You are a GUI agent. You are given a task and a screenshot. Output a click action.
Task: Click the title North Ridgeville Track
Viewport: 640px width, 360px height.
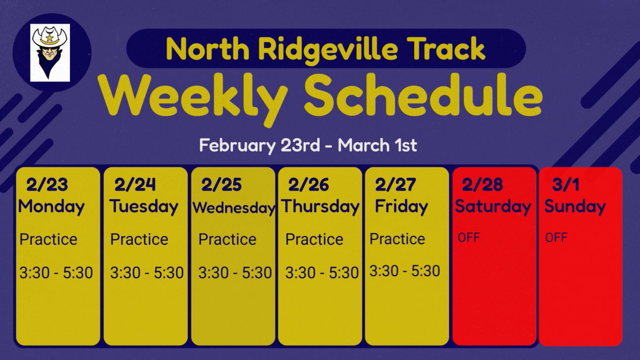325,49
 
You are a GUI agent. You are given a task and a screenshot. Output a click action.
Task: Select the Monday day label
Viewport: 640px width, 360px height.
51,206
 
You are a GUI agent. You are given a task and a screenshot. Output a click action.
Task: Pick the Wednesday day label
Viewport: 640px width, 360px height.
233,208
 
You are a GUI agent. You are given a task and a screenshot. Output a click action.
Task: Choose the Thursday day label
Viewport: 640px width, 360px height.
320,206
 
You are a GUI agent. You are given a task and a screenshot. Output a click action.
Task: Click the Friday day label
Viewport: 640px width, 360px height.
401,206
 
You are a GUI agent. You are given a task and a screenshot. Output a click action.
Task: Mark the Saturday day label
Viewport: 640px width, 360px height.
493,206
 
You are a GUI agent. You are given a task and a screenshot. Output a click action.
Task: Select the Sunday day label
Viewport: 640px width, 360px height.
575,206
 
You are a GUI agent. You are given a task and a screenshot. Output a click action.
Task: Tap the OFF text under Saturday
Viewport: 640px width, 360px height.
469,237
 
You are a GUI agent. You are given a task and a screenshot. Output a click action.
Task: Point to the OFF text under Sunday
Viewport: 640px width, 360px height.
556,237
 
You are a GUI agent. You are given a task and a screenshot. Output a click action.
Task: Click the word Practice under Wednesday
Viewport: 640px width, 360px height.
227,239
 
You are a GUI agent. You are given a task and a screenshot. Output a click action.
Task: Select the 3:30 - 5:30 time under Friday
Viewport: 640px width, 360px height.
405,271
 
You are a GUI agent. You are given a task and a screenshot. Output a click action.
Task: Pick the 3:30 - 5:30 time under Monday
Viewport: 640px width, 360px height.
56,273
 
